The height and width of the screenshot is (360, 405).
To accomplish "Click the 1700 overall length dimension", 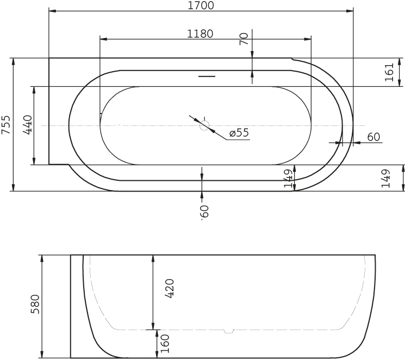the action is pos(201,5).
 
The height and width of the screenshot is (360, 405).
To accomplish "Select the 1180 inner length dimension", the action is pos(200,34).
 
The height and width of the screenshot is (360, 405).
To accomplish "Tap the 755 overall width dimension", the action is pos(6,125).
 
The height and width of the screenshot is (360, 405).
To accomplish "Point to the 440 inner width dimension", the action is pos(28,125).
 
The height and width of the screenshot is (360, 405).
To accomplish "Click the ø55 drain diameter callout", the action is pos(239,132).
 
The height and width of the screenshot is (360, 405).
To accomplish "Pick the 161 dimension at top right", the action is pos(389,72).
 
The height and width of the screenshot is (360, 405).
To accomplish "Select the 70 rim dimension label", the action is pos(244,39).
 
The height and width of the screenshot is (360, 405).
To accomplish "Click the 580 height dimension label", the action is pos(35,304).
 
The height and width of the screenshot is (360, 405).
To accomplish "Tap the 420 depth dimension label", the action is pos(170,288).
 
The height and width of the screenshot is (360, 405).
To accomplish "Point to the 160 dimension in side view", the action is pos(165,344).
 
